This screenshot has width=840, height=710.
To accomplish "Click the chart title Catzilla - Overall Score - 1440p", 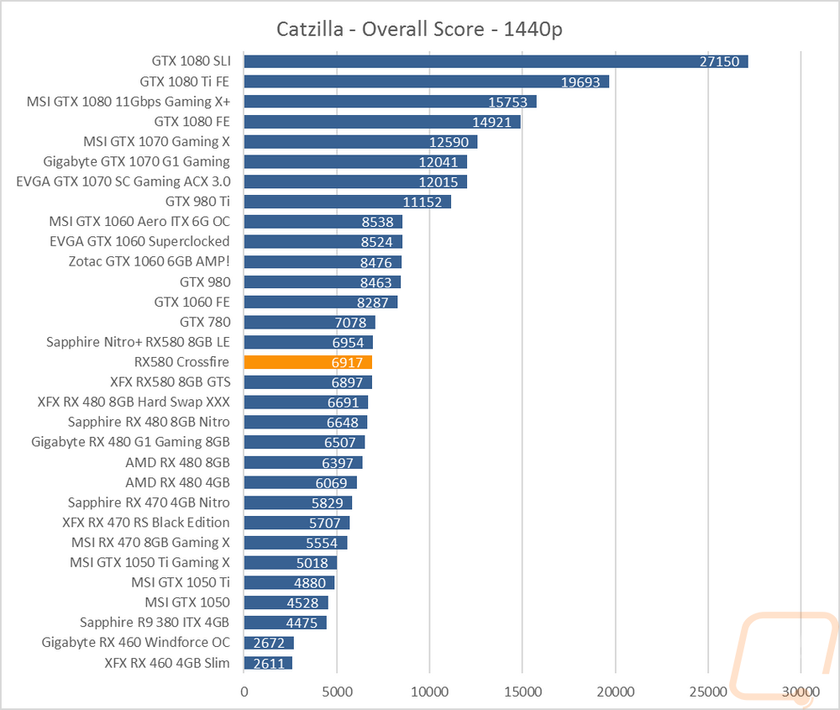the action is click(x=419, y=29).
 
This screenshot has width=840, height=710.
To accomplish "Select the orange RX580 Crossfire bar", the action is click(x=308, y=362).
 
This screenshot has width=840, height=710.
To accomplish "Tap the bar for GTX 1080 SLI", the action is click(x=496, y=61).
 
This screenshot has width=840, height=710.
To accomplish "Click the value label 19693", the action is click(x=580, y=82).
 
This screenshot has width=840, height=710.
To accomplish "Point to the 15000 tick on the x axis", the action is click(x=522, y=692).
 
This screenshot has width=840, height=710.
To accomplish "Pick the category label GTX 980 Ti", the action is click(x=197, y=202).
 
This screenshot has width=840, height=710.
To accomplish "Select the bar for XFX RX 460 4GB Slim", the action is click(x=269, y=664).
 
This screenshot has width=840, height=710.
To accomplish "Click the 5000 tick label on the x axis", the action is click(x=337, y=692).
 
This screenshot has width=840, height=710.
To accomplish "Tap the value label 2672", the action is click(x=269, y=643).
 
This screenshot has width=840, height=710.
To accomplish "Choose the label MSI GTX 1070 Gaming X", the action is click(x=156, y=141).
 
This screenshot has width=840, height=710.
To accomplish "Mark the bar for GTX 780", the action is click(x=310, y=322).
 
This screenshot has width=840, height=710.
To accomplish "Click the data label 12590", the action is click(x=449, y=142).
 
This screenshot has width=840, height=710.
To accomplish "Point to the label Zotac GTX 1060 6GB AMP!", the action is click(x=150, y=261).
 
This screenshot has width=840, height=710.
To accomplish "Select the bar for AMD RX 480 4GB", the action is click(x=301, y=483).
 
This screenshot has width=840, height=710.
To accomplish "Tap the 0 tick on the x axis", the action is click(x=244, y=692).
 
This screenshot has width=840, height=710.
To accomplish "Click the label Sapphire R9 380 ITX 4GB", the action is click(x=155, y=622).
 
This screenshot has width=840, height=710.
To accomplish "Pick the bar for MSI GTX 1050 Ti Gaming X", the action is click(x=291, y=563).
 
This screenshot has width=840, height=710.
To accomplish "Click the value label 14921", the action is click(x=491, y=122).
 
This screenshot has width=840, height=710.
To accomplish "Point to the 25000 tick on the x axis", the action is click(x=708, y=692).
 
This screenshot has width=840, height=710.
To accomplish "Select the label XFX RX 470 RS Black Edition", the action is click(x=145, y=523).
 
